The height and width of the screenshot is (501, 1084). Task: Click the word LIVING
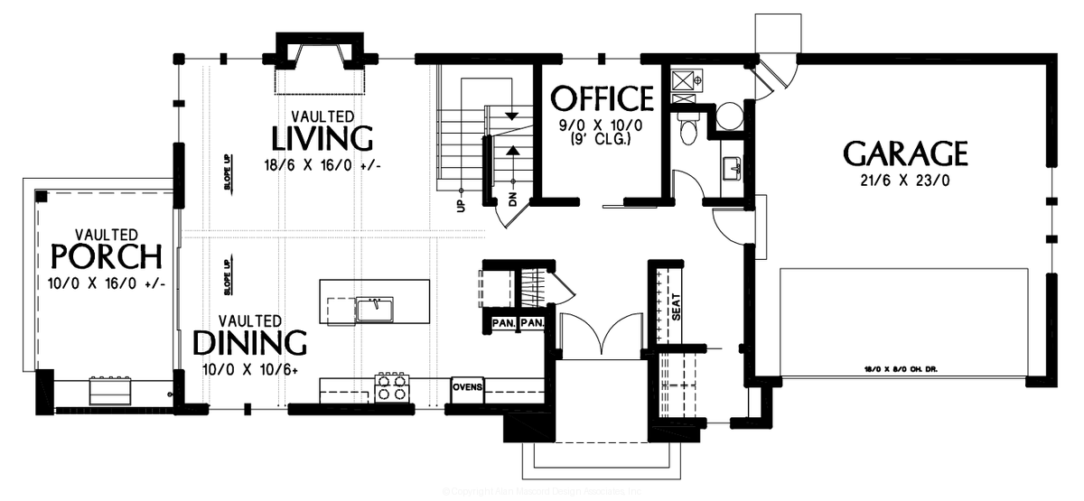pyautogui.click(x=322, y=139)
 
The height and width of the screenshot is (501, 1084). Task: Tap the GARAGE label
pyautogui.click(x=905, y=153)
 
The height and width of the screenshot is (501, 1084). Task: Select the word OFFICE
pyautogui.click(x=602, y=97)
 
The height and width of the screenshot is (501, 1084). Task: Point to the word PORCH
pyautogui.click(x=107, y=257)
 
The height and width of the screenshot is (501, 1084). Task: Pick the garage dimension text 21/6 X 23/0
pyautogui.click(x=905, y=181)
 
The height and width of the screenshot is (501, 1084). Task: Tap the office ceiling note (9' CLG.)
pyautogui.click(x=601, y=140)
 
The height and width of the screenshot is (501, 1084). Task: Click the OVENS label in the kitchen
pyautogui.click(x=468, y=388)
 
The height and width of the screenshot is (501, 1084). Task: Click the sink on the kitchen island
pyautogui.click(x=373, y=309)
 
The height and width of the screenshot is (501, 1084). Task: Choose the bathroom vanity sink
pyautogui.click(x=732, y=166)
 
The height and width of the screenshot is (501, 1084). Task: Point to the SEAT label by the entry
pyautogui.click(x=674, y=308)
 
